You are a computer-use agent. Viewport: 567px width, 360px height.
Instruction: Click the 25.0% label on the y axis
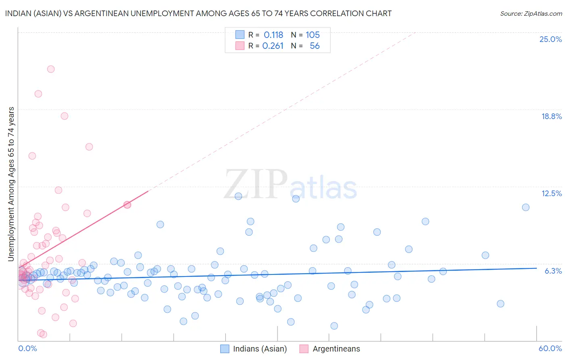(x=550, y=39)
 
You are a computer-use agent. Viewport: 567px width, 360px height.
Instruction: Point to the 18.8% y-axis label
(x=551, y=116)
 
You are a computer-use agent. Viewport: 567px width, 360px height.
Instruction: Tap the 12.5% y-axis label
(x=551, y=193)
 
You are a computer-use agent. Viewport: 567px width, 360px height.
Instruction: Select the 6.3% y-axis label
(x=553, y=271)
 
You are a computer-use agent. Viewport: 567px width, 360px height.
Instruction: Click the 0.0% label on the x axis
(x=27, y=348)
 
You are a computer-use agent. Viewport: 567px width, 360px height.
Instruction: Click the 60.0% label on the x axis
(x=550, y=348)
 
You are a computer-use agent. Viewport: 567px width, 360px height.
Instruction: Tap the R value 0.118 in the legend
(x=273, y=35)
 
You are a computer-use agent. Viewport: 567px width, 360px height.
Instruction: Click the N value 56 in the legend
(x=315, y=46)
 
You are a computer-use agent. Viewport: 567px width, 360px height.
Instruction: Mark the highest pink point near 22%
(x=51, y=69)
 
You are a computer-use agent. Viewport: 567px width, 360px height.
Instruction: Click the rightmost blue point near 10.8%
(x=525, y=207)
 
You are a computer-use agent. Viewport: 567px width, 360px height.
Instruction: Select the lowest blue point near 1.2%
(x=334, y=326)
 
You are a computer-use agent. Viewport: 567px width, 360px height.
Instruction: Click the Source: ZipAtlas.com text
(x=531, y=13)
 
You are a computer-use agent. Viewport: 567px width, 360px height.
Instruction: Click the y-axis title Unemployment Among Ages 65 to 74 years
(x=11, y=184)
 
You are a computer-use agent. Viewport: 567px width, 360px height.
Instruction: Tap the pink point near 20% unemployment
(x=38, y=94)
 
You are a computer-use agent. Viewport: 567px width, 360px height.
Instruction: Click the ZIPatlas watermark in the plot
(x=290, y=185)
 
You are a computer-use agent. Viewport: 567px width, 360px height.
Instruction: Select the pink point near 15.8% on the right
(x=89, y=147)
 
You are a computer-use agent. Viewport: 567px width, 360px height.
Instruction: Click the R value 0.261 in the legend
(x=273, y=46)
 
